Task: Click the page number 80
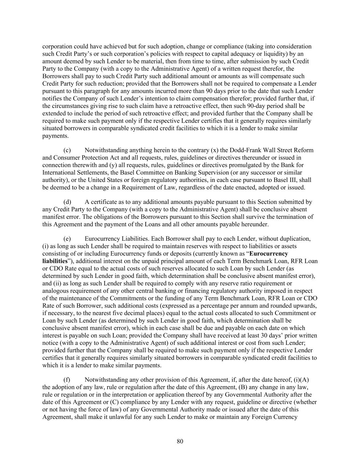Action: click(x=180, y=441)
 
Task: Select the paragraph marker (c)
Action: click(x=67, y=150)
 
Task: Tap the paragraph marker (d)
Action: click(x=67, y=202)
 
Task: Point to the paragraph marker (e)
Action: click(x=67, y=239)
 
